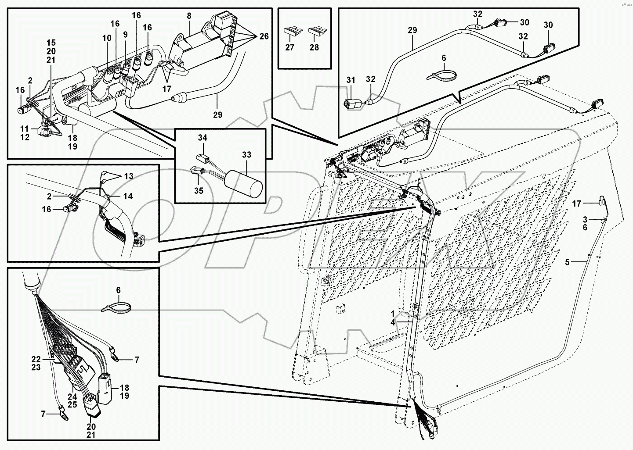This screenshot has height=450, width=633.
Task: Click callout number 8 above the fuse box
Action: [189, 16]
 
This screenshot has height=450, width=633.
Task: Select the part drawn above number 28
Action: [315, 31]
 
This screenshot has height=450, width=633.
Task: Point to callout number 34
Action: [202, 138]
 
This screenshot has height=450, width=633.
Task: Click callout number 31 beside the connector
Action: [350, 80]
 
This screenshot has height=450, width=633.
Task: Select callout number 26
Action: [264, 36]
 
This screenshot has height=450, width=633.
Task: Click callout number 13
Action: [128, 176]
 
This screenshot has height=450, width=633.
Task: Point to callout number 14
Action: [128, 196]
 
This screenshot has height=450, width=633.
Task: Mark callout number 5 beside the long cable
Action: [567, 262]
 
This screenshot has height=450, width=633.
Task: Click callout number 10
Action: [107, 38]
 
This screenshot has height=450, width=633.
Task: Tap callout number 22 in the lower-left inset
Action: [36, 359]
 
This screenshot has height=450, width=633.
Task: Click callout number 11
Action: [24, 129]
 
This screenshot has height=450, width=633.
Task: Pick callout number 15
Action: [51, 43]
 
